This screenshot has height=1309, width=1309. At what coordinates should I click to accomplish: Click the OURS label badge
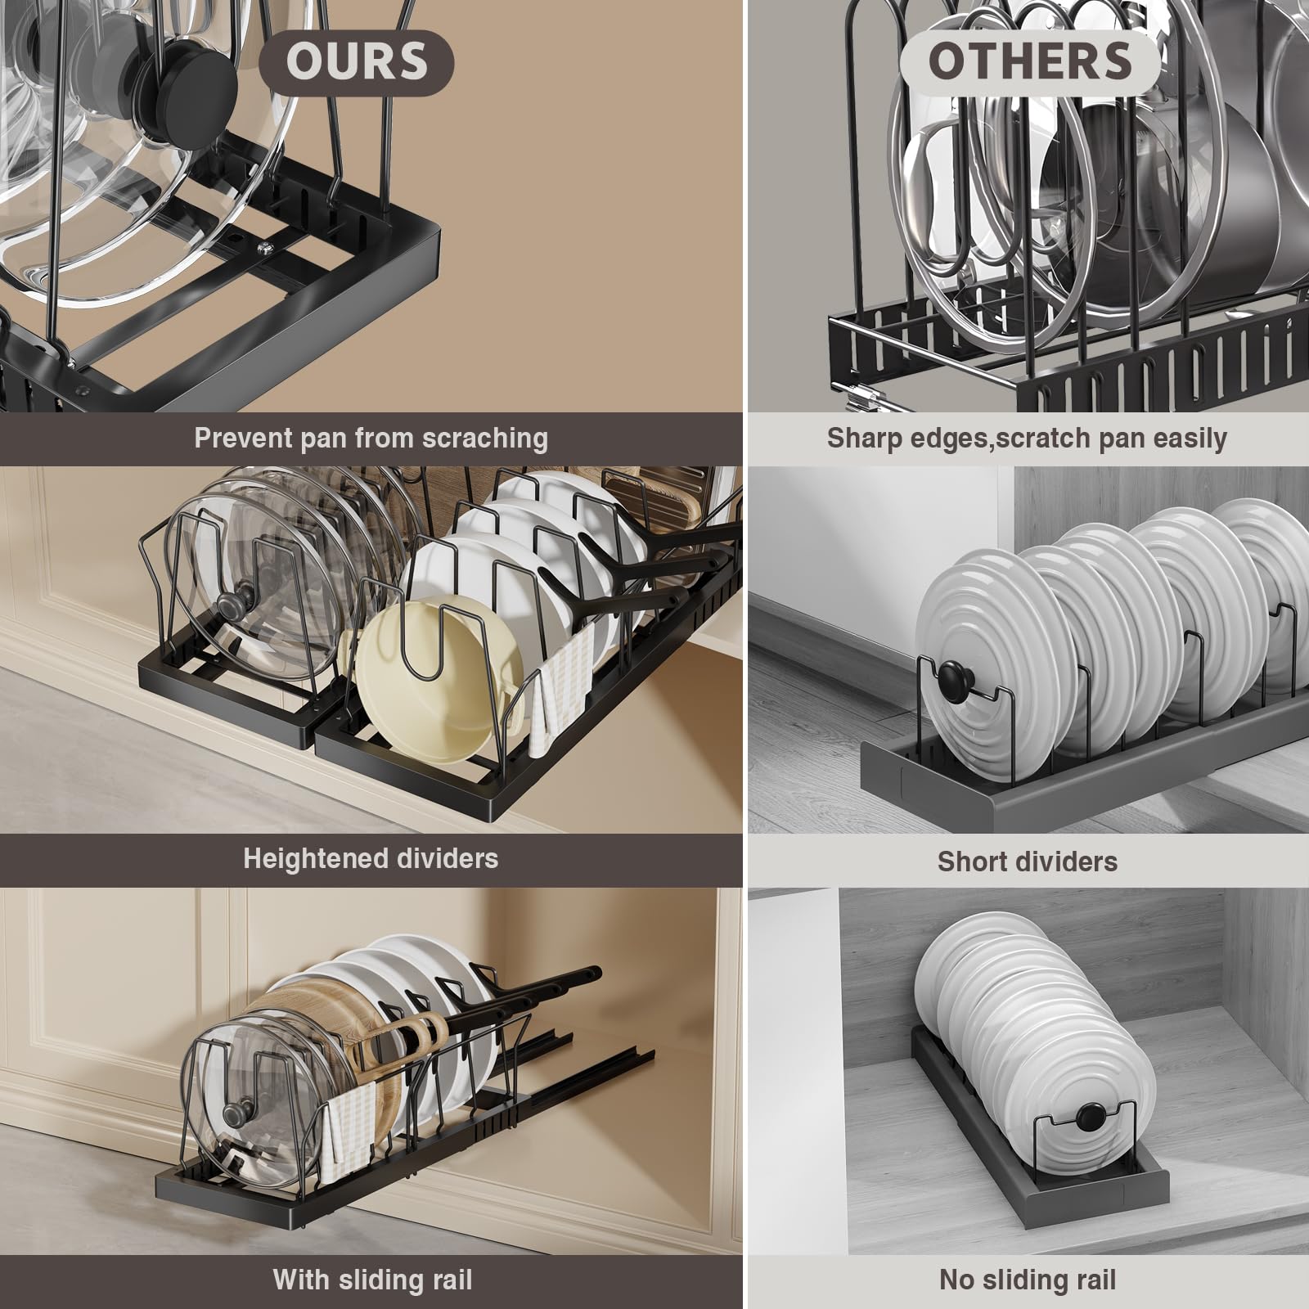pyautogui.click(x=357, y=61)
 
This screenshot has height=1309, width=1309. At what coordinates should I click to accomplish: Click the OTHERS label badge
pyautogui.click(x=1030, y=61)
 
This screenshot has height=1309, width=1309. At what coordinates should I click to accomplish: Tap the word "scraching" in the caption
pyautogui.click(x=485, y=439)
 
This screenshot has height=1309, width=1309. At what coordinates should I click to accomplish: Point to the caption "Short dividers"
pyautogui.click(x=1028, y=861)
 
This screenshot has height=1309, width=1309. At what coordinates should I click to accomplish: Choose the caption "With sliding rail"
pyautogui.click(x=372, y=1279)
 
